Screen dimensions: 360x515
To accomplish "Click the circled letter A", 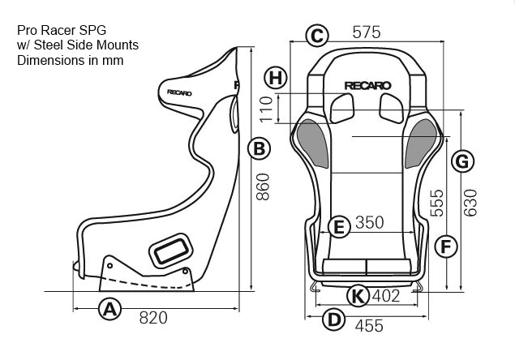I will (109, 308).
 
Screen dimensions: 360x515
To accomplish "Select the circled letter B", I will (258, 148).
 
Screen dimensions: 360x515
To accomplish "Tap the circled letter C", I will (317, 35).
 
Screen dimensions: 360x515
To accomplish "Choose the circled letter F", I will (442, 246).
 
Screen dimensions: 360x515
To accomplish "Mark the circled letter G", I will (460, 161).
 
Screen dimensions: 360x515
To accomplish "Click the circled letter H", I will (277, 78).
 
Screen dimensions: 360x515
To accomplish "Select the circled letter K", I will (356, 296).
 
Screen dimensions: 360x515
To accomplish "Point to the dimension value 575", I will (366, 33).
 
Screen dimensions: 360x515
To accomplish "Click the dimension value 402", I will (386, 296).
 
